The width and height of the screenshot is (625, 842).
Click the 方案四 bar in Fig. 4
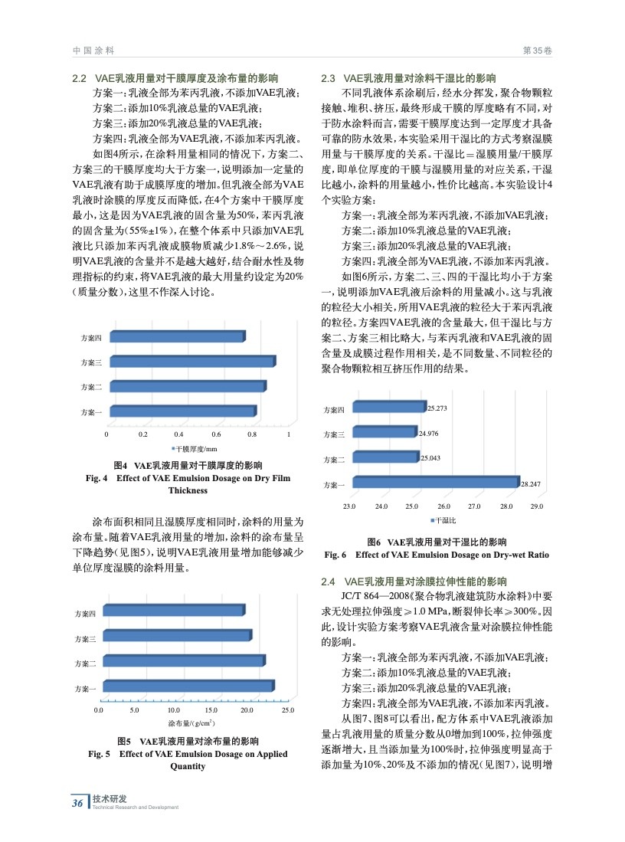[x=177, y=337]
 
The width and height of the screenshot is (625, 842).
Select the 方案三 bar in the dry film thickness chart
[x=191, y=362]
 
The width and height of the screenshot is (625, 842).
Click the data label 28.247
[x=531, y=484]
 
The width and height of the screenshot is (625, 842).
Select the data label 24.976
[x=429, y=434]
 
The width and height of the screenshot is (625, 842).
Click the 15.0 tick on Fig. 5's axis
[x=212, y=712]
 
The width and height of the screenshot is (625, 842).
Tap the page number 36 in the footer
[x=77, y=803]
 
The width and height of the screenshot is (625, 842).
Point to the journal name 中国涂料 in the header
[x=93, y=50]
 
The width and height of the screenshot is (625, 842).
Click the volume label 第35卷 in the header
[x=537, y=50]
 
